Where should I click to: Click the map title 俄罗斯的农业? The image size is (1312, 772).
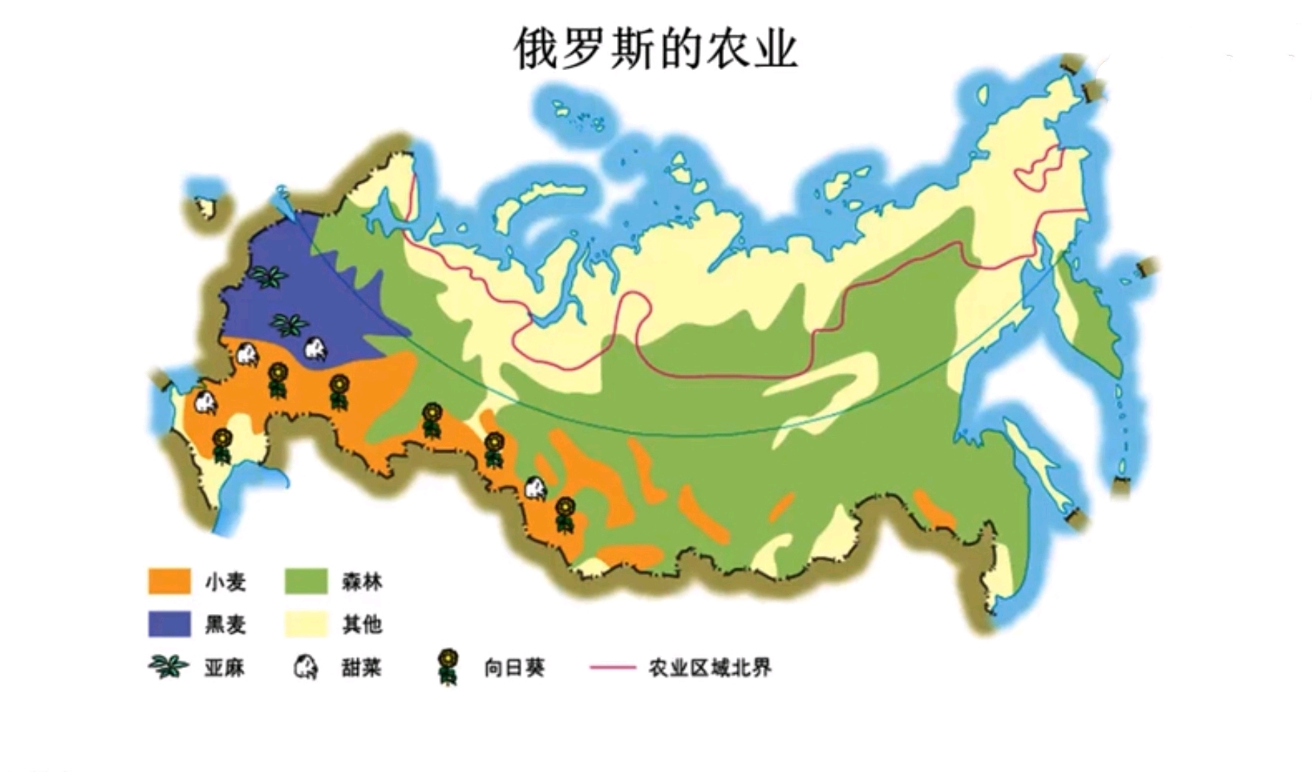pyautogui.click(x=655, y=49)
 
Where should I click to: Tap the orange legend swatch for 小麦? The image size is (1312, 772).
pyautogui.click(x=169, y=582)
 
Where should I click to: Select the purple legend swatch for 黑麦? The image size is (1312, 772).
pyautogui.click(x=169, y=624)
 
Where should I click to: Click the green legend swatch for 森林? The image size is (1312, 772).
pyautogui.click(x=305, y=582)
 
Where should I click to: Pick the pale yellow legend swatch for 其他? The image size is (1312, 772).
pyautogui.click(x=305, y=624)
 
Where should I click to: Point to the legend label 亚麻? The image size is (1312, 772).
pyautogui.click(x=224, y=668)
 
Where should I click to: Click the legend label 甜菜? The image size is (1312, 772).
pyautogui.click(x=362, y=668)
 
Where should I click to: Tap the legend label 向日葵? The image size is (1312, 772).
pyautogui.click(x=514, y=668)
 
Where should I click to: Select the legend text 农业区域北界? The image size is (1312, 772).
pyautogui.click(x=710, y=668)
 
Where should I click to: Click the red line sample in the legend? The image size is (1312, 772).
pyautogui.click(x=612, y=667)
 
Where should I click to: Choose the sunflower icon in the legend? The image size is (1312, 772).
pyautogui.click(x=447, y=666)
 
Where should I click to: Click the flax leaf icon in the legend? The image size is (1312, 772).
pyautogui.click(x=169, y=667)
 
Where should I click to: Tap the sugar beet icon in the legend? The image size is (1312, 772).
pyautogui.click(x=305, y=668)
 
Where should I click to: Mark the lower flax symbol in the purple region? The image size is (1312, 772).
pyautogui.click(x=289, y=323)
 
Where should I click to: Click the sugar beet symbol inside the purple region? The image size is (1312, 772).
pyautogui.click(x=315, y=350)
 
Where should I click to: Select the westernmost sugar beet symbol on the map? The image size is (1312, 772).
pyautogui.click(x=204, y=403)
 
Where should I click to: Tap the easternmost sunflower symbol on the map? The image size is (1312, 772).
pyautogui.click(x=564, y=514)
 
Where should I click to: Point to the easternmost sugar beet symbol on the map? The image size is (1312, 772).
pyautogui.click(x=534, y=488)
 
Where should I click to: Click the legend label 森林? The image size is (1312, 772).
pyautogui.click(x=362, y=582)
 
